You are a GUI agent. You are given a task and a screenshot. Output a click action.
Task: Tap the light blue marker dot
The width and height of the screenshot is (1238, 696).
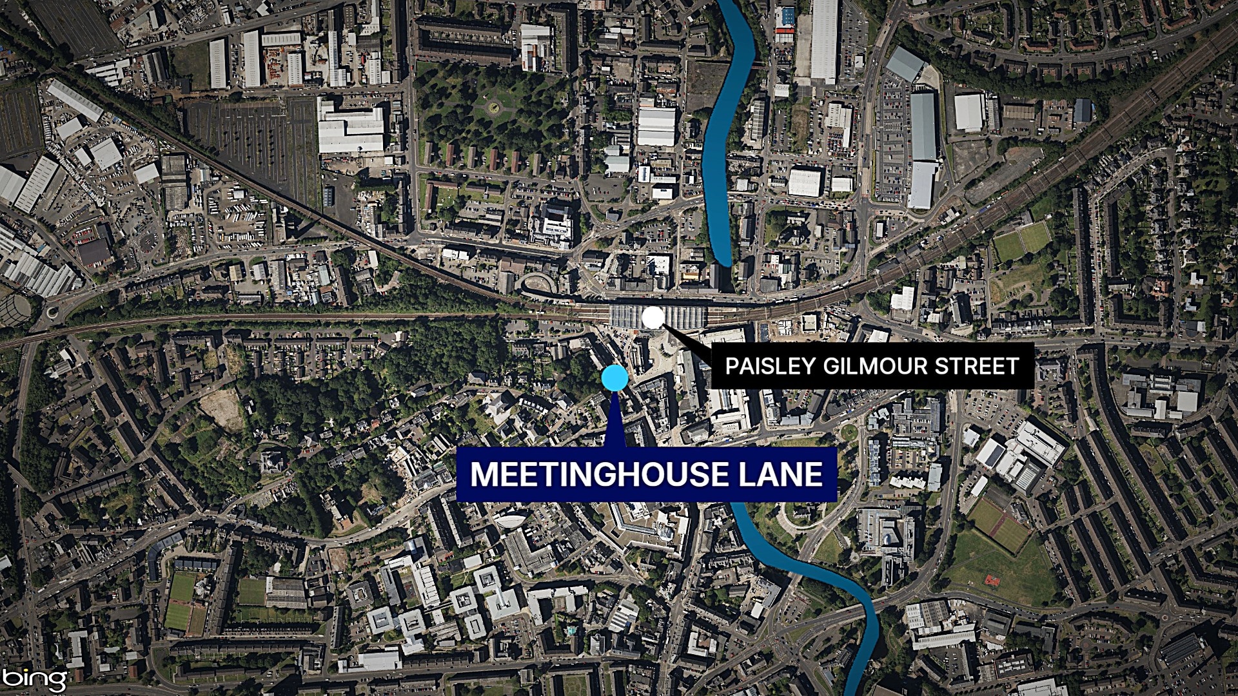coord(613,378)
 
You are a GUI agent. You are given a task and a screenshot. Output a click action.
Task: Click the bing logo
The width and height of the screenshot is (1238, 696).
coord(35,678)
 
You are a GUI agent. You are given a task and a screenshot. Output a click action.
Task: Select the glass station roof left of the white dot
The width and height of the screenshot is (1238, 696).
coord(625,316)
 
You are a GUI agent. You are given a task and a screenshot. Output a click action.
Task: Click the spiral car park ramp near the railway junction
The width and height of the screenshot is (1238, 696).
coord(538,284)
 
